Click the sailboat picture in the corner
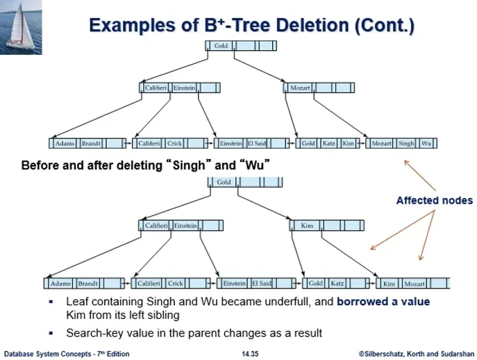click(x=21, y=27)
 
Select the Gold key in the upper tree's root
click(x=221, y=46)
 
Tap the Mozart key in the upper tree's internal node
click(x=300, y=88)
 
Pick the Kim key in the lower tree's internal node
click(x=307, y=225)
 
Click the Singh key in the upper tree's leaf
click(x=406, y=143)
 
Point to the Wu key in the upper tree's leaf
click(x=426, y=143)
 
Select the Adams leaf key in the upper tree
click(x=65, y=143)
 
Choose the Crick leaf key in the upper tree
click(x=174, y=143)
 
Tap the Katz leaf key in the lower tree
click(x=337, y=284)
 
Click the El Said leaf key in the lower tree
click(x=262, y=284)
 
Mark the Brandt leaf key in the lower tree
click(x=88, y=284)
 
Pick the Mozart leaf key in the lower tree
click(x=415, y=284)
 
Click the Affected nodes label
click(x=435, y=200)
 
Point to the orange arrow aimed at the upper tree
click(x=420, y=175)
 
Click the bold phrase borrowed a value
click(x=383, y=302)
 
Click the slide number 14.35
click(x=250, y=354)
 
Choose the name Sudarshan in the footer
click(x=458, y=354)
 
